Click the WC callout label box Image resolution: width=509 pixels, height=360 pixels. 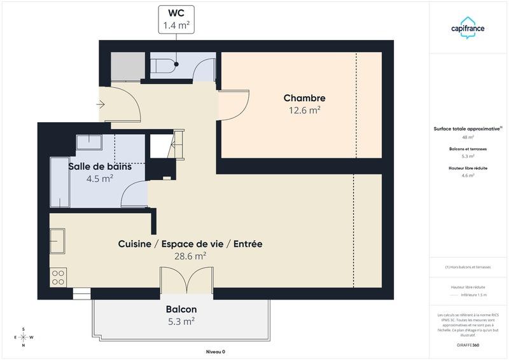175,18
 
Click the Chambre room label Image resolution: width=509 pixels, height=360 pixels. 304,98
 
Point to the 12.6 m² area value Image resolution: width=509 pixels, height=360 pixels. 304,110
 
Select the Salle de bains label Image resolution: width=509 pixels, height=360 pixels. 100,167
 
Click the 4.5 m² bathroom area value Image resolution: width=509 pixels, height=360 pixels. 100,179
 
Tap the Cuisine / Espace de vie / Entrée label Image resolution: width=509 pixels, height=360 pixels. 190,244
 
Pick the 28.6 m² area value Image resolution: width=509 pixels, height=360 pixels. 190,256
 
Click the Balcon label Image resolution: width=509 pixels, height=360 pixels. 181,309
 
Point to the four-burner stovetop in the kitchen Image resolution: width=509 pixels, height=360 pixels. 59,277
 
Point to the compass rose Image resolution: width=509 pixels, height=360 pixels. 24,337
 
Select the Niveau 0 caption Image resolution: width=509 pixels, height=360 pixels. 216,352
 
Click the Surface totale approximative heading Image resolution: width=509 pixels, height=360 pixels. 468,128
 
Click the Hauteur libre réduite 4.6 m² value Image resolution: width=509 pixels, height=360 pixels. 468,176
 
